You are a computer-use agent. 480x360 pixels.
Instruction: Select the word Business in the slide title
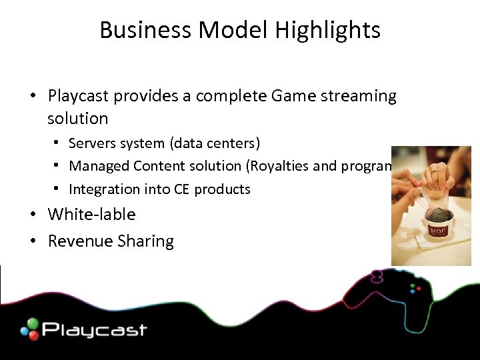pyautogui.click(x=146, y=30)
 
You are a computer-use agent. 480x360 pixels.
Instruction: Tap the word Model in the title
pyautogui.click(x=231, y=30)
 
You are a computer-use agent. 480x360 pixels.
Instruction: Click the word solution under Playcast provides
pyautogui.click(x=77, y=119)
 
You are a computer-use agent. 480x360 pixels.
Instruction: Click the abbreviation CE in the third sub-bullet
pyautogui.click(x=181, y=189)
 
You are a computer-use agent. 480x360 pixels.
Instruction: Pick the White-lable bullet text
pyautogui.click(x=91, y=215)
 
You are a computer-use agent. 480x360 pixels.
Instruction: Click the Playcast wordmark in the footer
pyautogui.click(x=94, y=329)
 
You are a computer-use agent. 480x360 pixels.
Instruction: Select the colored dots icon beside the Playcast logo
pyautogui.click(x=29, y=329)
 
